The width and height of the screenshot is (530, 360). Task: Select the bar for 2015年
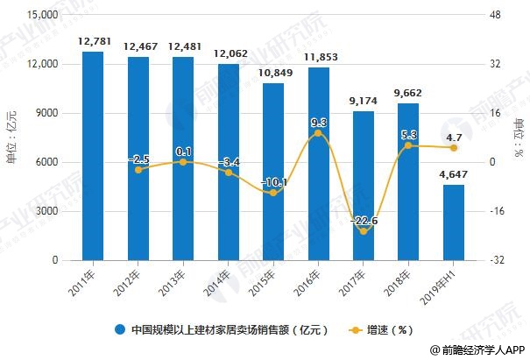[x=272, y=172]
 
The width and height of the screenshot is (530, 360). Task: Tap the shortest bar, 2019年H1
[x=454, y=222]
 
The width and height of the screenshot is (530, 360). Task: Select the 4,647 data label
[x=454, y=173]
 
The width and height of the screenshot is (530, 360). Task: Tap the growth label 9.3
[x=318, y=123]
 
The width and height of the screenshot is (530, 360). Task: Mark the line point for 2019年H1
[x=454, y=148]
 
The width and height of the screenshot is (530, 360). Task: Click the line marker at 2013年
[x=183, y=162]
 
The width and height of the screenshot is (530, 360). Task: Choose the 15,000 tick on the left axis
[x=40, y=16]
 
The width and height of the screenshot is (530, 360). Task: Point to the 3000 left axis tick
[x=46, y=211]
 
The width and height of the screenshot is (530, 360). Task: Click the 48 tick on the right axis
[x=494, y=16]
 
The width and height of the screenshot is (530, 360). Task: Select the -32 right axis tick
[x=496, y=260]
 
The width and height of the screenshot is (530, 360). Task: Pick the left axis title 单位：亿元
[x=11, y=138]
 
